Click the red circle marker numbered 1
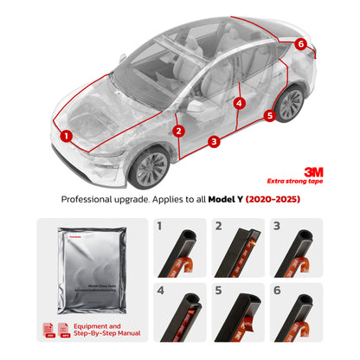[66, 135]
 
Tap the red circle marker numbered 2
[178, 132]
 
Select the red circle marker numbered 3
[213, 139]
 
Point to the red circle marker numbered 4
[240, 103]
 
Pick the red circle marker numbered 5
[269, 114]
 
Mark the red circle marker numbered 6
[300, 43]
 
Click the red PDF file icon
[48, 329]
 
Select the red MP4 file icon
[65, 329]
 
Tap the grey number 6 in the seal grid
[276, 291]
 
